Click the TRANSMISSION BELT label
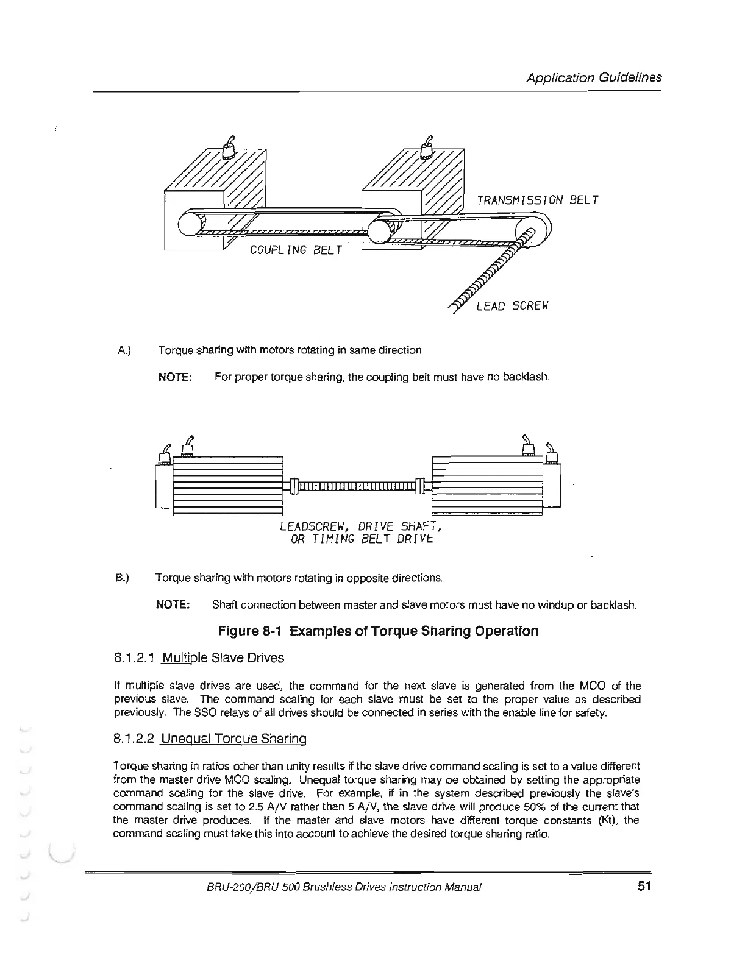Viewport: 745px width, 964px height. tap(538, 200)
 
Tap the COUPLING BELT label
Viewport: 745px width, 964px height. tap(297, 250)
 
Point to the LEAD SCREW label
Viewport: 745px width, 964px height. tap(512, 306)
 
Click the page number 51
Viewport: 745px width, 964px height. tap(645, 887)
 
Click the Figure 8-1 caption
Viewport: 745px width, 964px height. tap(378, 631)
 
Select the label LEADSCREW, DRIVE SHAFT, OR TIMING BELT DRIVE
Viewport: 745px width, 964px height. tap(359, 533)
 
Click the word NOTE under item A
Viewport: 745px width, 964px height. tap(175, 377)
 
